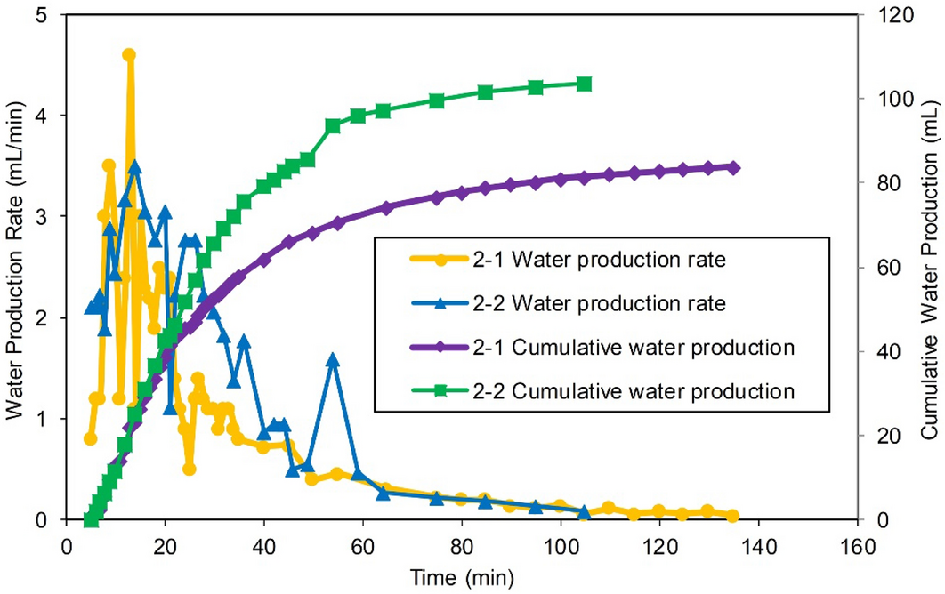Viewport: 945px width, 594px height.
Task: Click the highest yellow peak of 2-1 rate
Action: point(129,55)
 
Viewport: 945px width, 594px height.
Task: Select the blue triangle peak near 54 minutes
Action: point(333,360)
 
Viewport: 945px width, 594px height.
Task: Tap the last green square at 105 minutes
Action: point(585,84)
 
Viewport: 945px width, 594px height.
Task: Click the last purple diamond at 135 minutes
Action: point(733,167)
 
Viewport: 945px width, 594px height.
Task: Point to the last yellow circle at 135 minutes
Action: point(732,516)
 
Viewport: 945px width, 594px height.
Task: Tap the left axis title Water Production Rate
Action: point(16,267)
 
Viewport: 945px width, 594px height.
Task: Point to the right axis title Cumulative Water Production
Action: point(928,267)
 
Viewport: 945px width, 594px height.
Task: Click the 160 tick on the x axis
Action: point(857,544)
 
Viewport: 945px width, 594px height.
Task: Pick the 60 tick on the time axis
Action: point(362,544)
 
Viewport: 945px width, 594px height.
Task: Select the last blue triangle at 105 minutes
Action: point(585,512)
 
